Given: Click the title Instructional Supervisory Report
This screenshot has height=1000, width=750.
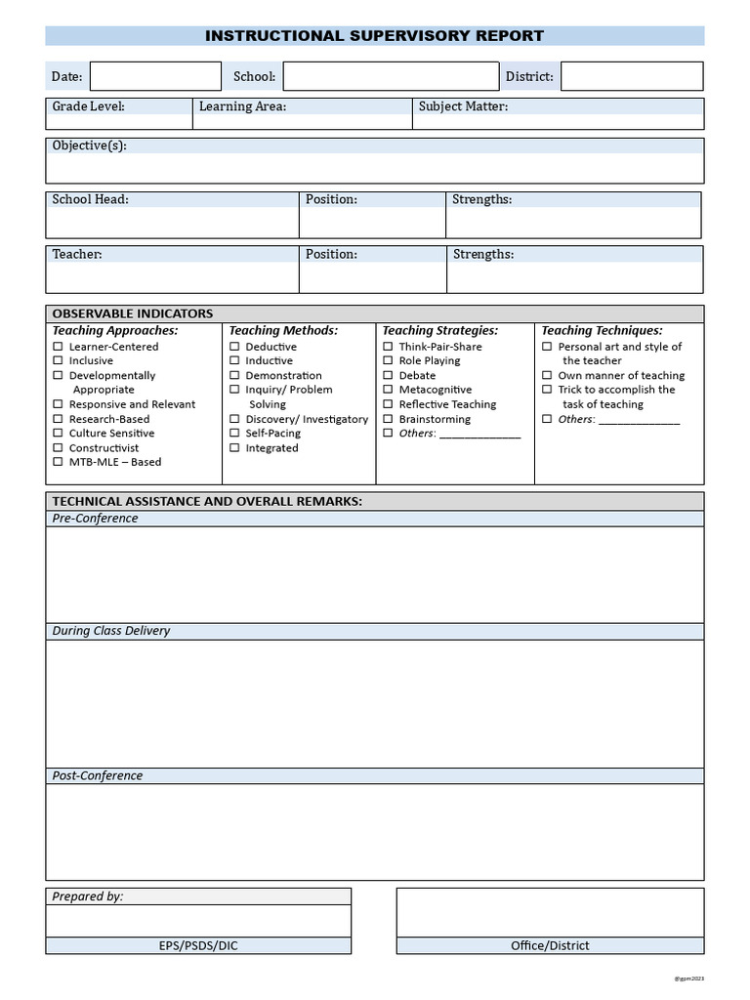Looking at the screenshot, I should [374, 36].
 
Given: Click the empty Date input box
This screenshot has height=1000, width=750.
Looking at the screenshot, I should [155, 76].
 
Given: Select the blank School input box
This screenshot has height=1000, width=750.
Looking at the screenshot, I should [391, 76].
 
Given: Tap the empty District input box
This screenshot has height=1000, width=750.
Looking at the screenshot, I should [631, 76].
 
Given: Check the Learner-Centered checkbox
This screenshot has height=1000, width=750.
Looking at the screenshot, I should [58, 347].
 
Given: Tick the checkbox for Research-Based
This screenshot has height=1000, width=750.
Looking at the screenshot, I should [58, 419].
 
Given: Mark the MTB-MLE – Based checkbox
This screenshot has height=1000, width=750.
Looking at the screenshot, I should [58, 462].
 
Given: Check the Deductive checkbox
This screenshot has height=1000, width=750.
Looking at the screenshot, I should [234, 347].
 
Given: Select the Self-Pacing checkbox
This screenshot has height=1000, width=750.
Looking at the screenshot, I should [234, 434].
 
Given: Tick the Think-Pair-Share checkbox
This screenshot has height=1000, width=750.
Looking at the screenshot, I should [388, 347].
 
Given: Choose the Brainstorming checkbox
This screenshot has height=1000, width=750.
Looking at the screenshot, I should [388, 419].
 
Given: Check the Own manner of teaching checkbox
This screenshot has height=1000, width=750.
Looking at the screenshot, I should [547, 375].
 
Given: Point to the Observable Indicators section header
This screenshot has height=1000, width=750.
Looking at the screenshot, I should [132, 313].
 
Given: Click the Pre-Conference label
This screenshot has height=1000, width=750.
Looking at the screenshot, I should [95, 519].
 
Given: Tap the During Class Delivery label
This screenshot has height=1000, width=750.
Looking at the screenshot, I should [110, 631].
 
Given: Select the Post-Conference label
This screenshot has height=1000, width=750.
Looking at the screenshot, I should [97, 775].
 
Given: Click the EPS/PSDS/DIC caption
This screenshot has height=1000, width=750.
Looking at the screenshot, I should [197, 945].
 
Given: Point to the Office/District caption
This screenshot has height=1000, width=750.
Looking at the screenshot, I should [550, 945].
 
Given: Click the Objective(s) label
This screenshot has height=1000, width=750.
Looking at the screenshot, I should [89, 146].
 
